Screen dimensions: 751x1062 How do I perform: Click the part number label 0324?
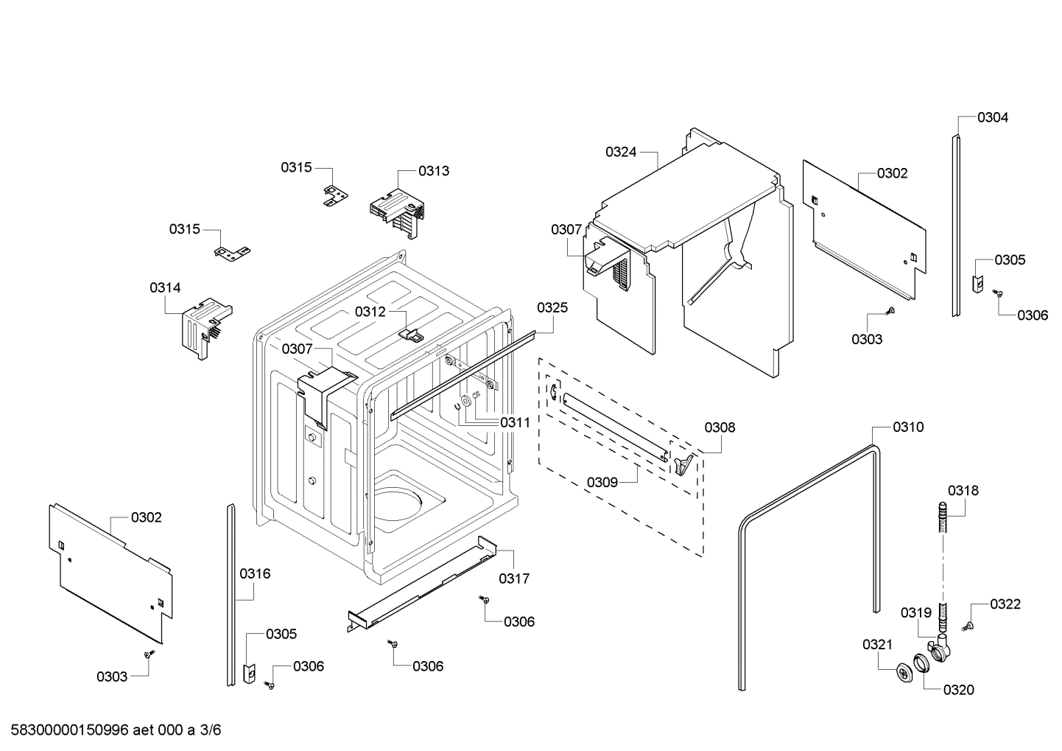click(x=621, y=152)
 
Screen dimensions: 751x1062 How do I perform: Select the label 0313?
click(x=434, y=171)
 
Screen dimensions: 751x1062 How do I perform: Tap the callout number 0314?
click(x=165, y=287)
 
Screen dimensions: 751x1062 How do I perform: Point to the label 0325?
click(x=552, y=307)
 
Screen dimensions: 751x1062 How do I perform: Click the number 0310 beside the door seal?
click(x=908, y=427)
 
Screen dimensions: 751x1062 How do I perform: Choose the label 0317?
click(x=514, y=579)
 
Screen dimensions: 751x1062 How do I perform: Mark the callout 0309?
click(x=602, y=482)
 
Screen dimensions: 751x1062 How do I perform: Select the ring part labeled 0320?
click(x=921, y=663)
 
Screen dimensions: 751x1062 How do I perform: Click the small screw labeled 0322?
click(x=968, y=626)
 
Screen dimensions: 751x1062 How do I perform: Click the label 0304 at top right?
click(x=993, y=117)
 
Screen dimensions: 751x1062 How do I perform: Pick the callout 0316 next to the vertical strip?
click(x=255, y=573)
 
